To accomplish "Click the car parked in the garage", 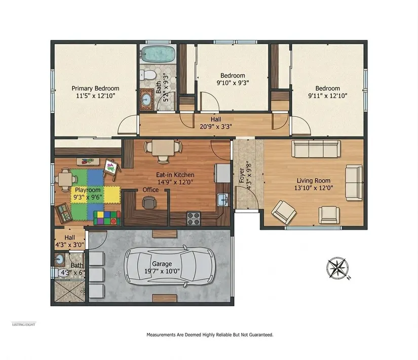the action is [x=170, y=266].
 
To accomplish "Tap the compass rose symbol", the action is [x=338, y=268].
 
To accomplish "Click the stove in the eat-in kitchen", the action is [x=194, y=218].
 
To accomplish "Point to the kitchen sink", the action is [x=223, y=199].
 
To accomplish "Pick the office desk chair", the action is [x=148, y=203].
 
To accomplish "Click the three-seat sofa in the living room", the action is [x=316, y=149].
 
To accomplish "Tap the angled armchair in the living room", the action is [x=284, y=212].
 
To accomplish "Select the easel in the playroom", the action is [x=111, y=169].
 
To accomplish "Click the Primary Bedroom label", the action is [x=95, y=89].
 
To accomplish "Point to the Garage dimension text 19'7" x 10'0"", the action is [x=162, y=271].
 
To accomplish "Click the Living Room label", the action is [x=314, y=181].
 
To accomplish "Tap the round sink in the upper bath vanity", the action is [x=146, y=100].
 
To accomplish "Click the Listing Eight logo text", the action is [x=24, y=325].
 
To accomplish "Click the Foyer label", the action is [x=242, y=175].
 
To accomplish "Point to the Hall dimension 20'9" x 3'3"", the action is [x=216, y=127].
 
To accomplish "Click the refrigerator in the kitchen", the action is [x=222, y=173].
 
